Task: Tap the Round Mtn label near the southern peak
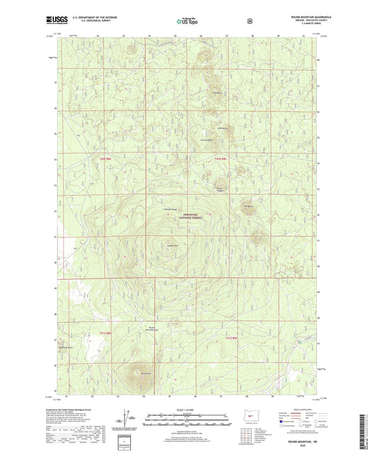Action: [x=145, y=374]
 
